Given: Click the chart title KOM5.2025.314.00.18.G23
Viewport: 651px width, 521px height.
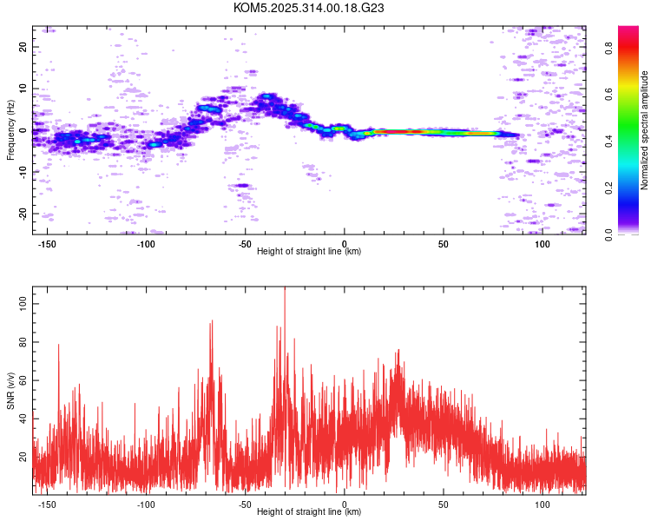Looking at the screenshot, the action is (308, 8).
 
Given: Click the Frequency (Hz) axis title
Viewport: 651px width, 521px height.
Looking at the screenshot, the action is (10, 130).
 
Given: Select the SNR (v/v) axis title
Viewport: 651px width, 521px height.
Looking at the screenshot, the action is (10, 390).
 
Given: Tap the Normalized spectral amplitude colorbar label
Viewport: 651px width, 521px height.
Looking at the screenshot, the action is (644, 130).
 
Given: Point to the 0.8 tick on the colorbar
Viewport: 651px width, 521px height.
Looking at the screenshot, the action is (608, 49).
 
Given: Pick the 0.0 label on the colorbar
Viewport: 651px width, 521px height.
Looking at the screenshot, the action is (608, 235).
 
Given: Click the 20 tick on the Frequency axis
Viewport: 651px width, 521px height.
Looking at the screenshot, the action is (23, 47).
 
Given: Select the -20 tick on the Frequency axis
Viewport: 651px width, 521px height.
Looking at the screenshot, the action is (23, 213).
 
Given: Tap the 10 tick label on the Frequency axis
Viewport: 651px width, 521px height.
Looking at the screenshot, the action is (23, 89).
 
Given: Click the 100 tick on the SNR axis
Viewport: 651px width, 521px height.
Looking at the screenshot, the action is (23, 304).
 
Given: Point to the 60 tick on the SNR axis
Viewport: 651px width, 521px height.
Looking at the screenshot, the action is (23, 380).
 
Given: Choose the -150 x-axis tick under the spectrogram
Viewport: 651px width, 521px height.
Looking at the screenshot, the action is (47, 244).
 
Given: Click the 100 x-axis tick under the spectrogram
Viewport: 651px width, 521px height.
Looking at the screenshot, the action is (542, 244).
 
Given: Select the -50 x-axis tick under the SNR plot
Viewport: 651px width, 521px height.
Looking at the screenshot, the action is (245, 505).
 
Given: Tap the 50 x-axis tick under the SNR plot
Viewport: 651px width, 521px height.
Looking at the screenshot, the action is (443, 505).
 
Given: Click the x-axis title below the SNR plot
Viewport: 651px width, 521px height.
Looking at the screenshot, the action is (309, 511).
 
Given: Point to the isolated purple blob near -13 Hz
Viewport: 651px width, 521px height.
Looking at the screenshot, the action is (241, 185).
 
